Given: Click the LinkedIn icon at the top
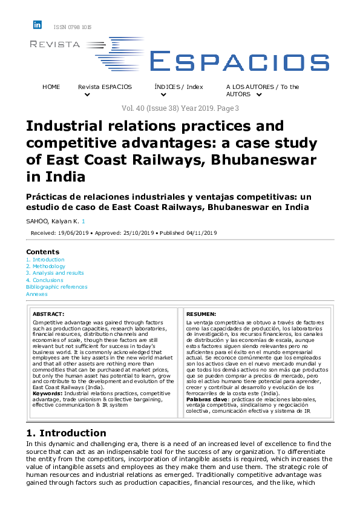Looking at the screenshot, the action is (x=38, y=25).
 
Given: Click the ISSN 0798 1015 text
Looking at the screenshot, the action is (x=73, y=27).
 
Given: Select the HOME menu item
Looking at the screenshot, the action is (x=51, y=87).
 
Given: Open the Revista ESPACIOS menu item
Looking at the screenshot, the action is (x=105, y=87).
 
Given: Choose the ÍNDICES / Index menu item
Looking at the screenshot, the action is (x=178, y=87).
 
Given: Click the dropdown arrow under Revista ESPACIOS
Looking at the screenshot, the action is (x=87, y=95).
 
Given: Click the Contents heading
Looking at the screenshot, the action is (x=43, y=251).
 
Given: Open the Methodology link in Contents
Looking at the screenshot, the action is (x=48, y=266).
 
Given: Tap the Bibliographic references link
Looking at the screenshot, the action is (x=56, y=287).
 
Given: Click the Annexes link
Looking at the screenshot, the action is (x=36, y=294).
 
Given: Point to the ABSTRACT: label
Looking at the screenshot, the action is (x=48, y=315).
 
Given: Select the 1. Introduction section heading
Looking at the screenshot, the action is (x=66, y=433).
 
